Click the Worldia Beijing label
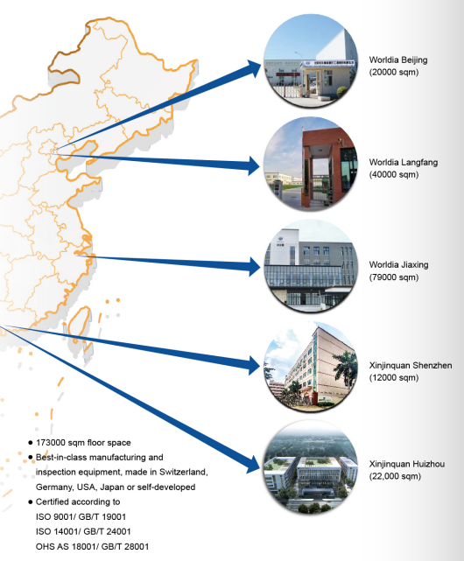[398, 60]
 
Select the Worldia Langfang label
[404, 163]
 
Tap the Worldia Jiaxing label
[399, 265]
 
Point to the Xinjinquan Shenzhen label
[411, 365]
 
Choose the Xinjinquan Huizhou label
[407, 464]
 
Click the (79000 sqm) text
[394, 277]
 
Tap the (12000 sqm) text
[394, 378]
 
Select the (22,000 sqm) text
[395, 476]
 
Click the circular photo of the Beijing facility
[311, 61]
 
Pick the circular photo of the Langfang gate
[311, 164]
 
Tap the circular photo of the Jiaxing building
[311, 266]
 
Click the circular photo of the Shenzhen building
[311, 367]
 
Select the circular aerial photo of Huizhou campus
[311, 466]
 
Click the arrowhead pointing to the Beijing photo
[254, 68]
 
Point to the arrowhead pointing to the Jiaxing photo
[254, 267]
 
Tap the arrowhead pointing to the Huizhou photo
[252, 464]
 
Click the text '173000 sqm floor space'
[83, 443]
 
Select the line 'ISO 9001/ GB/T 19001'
[81, 516]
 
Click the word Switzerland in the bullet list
[183, 472]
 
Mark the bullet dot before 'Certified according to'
[31, 502]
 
